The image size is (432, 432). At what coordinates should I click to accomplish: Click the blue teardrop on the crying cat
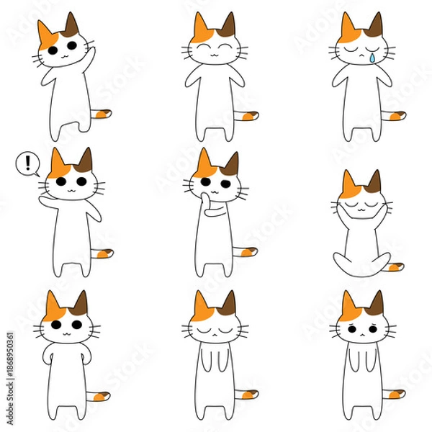coord(372,58)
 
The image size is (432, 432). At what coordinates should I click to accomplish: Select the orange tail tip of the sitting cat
coord(395,267)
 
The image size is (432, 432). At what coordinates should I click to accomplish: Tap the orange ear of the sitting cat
coord(349,184)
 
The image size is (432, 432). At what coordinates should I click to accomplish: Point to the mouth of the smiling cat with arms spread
coord(215,53)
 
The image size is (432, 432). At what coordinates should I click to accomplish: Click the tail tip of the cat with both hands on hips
coord(102,395)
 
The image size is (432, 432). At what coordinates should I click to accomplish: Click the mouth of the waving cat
coord(63,52)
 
